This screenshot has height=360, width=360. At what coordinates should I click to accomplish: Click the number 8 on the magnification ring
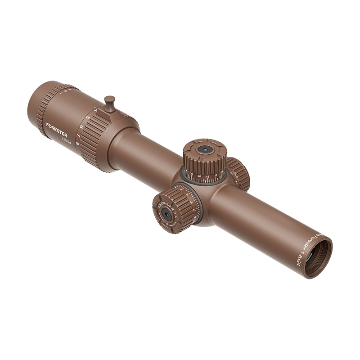(77, 144)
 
